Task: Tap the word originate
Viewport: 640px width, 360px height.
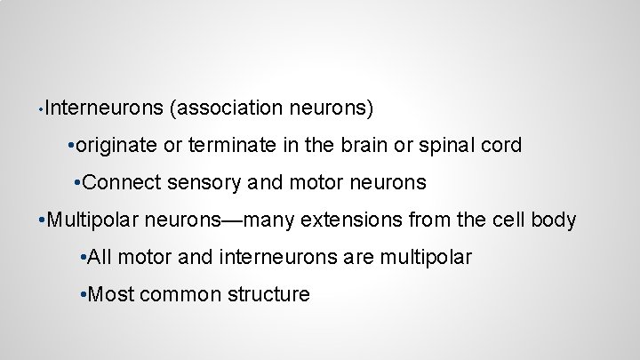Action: coord(116,146)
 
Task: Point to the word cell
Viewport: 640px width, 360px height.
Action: coord(506,220)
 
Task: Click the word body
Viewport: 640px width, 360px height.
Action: coord(555,220)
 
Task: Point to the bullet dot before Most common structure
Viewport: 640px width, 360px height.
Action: coord(83,294)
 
